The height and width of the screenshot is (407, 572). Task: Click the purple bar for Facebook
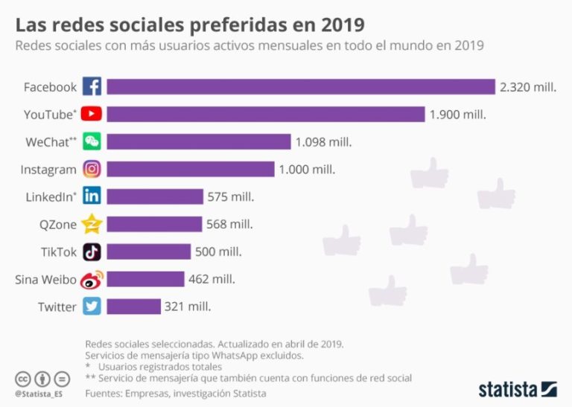coord(301,87)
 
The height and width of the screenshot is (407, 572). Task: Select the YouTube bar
coord(265,115)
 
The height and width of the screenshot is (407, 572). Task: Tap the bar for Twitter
coord(133,306)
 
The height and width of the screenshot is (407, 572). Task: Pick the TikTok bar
coord(148,251)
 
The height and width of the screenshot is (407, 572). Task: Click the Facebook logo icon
coord(92,87)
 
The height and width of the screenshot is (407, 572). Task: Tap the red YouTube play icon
coord(92,115)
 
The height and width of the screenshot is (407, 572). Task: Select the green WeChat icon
coord(92,142)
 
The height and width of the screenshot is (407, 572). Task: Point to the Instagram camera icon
coord(92,170)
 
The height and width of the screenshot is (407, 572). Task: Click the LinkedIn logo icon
coord(92,196)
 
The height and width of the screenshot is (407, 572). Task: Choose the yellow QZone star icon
coord(92,224)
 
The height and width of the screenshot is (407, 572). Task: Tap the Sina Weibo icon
coord(92,279)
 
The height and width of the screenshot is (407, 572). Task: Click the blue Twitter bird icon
coord(92,306)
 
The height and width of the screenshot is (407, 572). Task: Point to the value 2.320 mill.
coord(528,87)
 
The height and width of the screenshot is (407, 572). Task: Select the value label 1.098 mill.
coord(323,142)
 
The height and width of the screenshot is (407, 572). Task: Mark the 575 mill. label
coord(231,196)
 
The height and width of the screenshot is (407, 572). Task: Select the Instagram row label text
coord(48,170)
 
